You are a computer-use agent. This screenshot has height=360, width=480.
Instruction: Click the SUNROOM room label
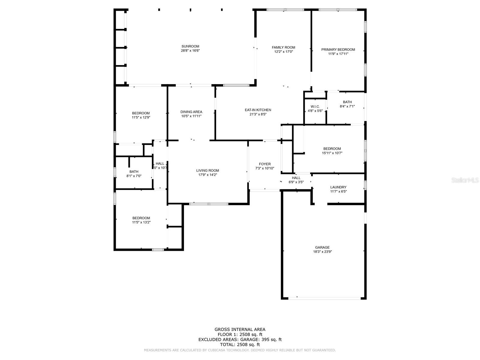[190, 46]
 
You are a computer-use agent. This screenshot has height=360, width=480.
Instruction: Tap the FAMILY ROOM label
[283, 47]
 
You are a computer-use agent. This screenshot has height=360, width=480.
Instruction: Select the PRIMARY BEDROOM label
[338, 49]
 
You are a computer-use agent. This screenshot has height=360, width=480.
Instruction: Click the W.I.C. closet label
[315, 106]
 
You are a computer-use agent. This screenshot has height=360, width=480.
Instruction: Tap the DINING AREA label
[191, 112]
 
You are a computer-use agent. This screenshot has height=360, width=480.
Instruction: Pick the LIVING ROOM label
[208, 170]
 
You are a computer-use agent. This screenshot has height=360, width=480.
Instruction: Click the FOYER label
[265, 164]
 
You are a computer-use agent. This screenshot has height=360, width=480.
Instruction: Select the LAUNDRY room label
[338, 187]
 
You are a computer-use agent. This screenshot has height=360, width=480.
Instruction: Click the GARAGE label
[322, 247]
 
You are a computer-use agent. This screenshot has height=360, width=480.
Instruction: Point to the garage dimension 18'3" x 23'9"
[322, 252]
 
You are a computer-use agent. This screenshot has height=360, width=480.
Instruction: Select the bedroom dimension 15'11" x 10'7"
[332, 153]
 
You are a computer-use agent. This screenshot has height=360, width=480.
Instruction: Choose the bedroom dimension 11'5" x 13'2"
[141, 222]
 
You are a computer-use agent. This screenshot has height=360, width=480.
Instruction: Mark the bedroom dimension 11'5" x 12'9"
[141, 118]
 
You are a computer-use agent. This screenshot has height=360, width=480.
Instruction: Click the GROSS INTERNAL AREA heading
[240, 329]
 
